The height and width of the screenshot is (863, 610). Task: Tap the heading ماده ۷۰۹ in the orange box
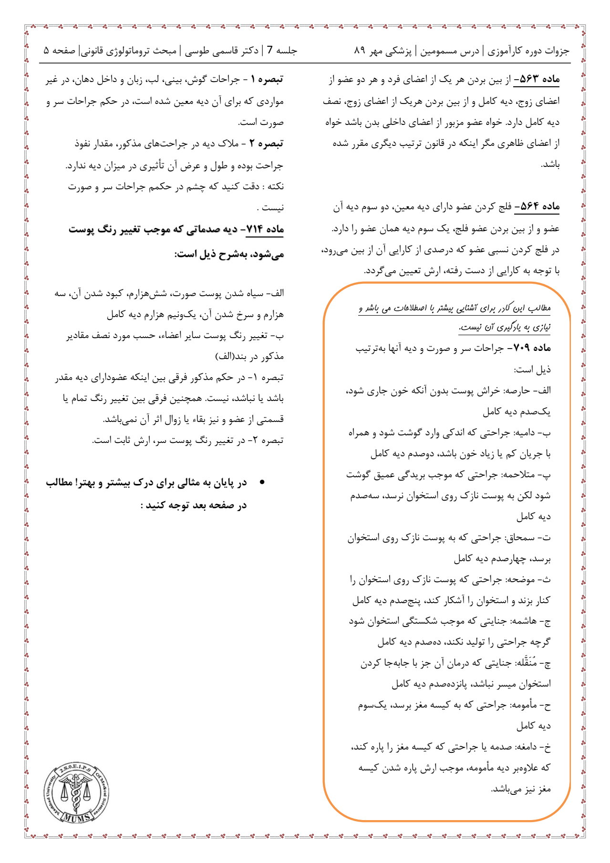click(x=532, y=348)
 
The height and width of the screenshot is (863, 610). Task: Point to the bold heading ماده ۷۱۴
click(x=265, y=229)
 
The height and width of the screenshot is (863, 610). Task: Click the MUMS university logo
click(x=76, y=793)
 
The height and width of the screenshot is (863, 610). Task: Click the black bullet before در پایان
click(x=262, y=483)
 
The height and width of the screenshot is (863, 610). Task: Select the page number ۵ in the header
click(x=46, y=51)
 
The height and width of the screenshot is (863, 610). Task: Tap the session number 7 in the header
click(x=269, y=51)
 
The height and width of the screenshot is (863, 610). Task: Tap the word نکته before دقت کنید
click(x=274, y=186)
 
